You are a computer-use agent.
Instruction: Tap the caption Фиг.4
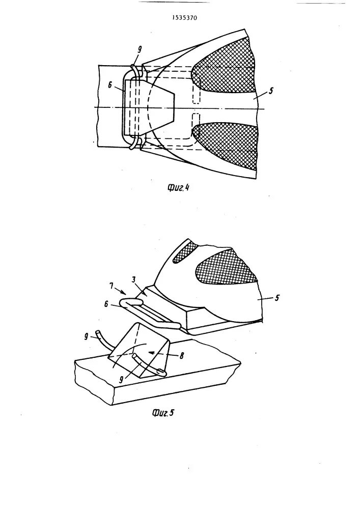tap(178, 187)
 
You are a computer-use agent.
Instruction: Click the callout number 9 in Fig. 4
tap(140, 49)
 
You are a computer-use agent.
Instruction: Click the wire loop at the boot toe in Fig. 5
tap(148, 312)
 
